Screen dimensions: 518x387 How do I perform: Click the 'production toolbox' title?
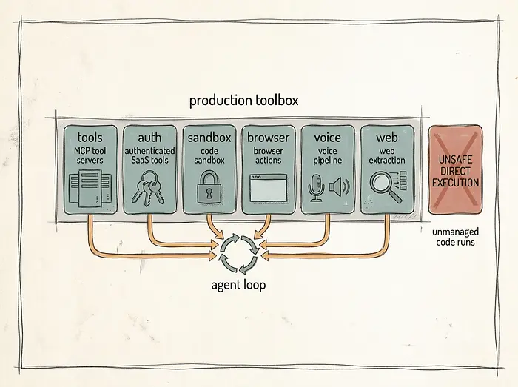243,101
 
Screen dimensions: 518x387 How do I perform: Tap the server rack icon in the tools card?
90,188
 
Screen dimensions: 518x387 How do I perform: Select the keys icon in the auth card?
148,189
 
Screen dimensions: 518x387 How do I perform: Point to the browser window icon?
268,188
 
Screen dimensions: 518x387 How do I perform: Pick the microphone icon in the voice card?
316,188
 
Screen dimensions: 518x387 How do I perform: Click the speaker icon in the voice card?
339,187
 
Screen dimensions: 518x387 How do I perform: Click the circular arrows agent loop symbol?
239,254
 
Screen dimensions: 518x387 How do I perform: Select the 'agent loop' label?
238,285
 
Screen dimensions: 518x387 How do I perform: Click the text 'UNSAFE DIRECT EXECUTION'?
455,171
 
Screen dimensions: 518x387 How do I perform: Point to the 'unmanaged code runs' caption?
455,237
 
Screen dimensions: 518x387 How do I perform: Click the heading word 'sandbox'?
209,138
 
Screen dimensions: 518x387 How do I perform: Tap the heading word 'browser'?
268,138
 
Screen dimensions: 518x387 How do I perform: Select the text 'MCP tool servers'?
90,155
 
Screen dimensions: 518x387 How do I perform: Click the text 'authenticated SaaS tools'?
149,155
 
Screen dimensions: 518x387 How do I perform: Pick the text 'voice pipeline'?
327,156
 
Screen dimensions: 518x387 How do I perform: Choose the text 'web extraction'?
387,155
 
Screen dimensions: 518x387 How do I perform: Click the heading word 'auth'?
149,138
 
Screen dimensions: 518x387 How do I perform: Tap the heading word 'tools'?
90,138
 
